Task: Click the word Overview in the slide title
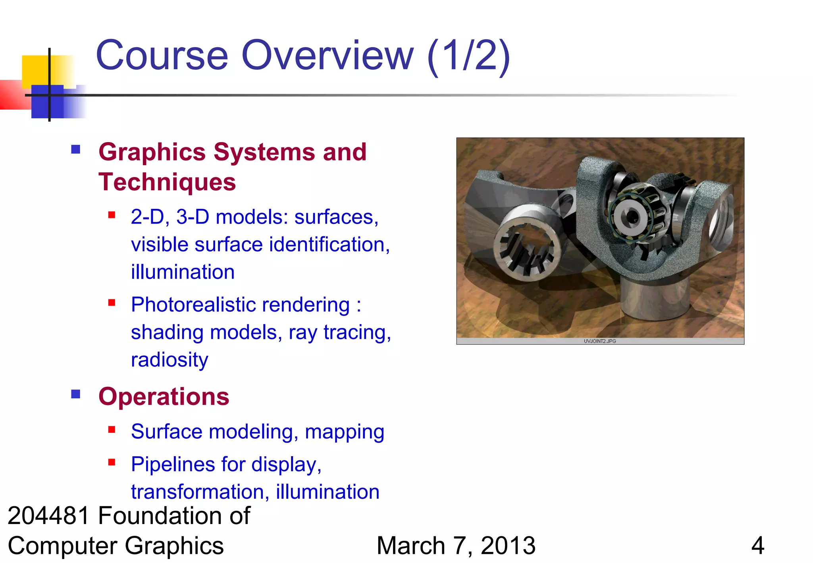click(x=328, y=56)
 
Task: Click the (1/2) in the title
click(x=468, y=56)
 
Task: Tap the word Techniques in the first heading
click(x=167, y=182)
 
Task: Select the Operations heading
click(x=164, y=397)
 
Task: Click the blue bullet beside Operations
click(x=76, y=394)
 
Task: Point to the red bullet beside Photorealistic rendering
click(x=112, y=303)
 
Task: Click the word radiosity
click(x=170, y=360)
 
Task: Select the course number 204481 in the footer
click(x=48, y=516)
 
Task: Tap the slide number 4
click(x=757, y=546)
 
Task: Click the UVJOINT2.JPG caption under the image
click(x=600, y=341)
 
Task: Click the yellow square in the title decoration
click(x=36, y=69)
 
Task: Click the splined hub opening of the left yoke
click(x=527, y=250)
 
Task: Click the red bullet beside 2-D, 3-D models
click(x=112, y=215)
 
